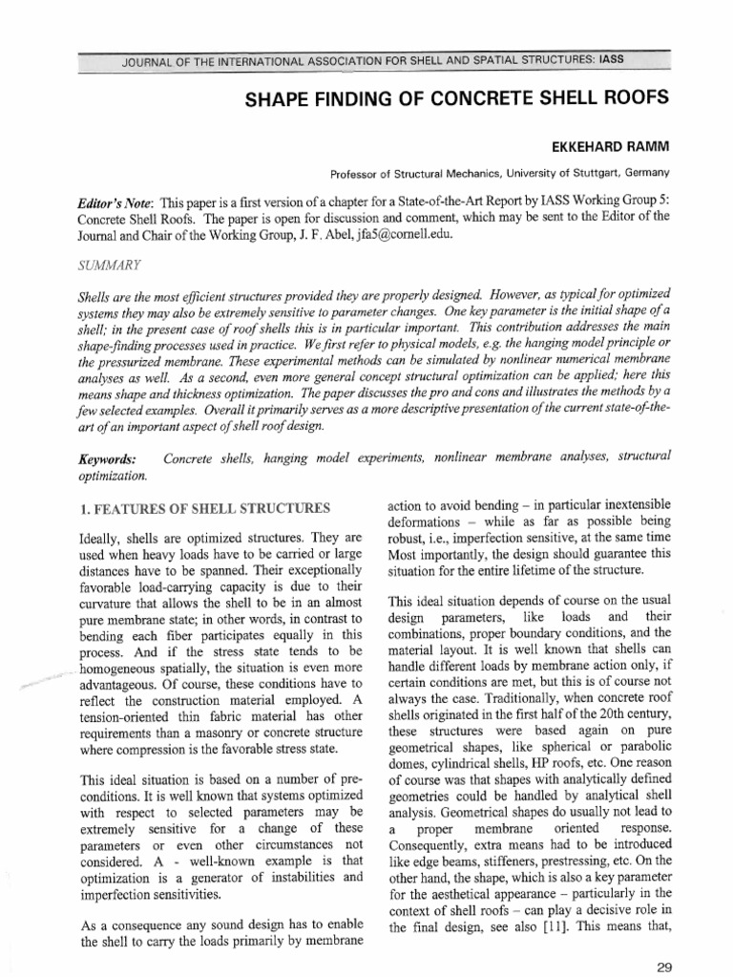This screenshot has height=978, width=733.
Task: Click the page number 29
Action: pyautogui.click(x=665, y=966)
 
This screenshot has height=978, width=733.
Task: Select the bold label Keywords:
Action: pyautogui.click(x=106, y=459)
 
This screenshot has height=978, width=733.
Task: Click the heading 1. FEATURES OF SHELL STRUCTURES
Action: pyautogui.click(x=205, y=507)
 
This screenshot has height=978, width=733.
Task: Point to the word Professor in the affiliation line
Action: pyautogui.click(x=357, y=173)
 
